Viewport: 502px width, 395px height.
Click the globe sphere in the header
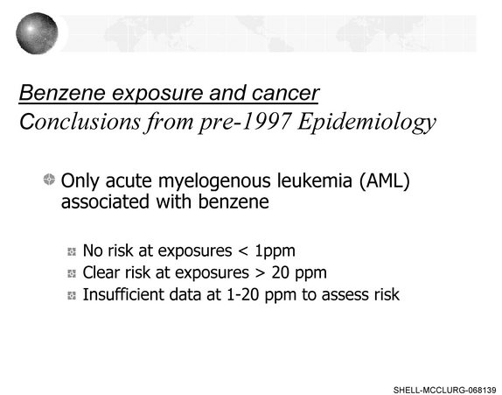tap(37, 33)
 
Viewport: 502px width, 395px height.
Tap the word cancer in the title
tap(285, 94)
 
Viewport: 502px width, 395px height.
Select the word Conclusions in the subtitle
tap(80, 122)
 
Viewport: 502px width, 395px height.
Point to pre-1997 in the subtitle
tap(245, 122)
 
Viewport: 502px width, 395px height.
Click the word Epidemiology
tap(367, 123)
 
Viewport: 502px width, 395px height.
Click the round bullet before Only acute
tap(49, 180)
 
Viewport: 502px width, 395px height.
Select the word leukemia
tap(315, 180)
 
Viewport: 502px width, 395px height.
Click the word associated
tap(105, 201)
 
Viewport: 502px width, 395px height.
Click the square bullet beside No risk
tap(72, 251)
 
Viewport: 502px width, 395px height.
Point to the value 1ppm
tap(275, 251)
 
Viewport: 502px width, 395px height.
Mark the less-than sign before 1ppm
tap(243, 251)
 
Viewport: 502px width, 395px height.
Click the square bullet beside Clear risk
tap(72, 273)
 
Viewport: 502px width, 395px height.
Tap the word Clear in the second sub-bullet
tap(101, 272)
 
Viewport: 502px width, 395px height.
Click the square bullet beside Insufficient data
tap(72, 295)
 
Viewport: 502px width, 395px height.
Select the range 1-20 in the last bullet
tap(242, 294)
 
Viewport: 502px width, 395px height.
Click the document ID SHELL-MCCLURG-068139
tap(444, 390)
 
